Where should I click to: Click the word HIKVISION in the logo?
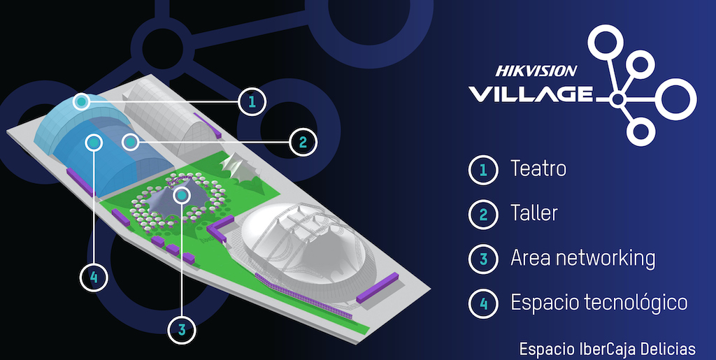(536, 71)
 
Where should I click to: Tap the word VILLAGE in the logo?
(531, 94)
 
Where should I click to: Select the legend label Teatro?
(538, 168)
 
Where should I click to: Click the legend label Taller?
(534, 213)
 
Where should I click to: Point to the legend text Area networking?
(582, 258)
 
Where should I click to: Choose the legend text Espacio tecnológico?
(599, 303)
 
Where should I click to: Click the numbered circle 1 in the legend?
(482, 170)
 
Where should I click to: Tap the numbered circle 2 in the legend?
(482, 215)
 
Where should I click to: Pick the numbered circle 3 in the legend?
(482, 259)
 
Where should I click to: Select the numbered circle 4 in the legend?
(482, 303)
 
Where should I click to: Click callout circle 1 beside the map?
(252, 102)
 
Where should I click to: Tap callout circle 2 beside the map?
(303, 143)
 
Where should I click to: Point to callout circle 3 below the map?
(182, 330)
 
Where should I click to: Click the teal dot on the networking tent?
(182, 196)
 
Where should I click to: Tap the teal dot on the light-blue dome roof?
(81, 101)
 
